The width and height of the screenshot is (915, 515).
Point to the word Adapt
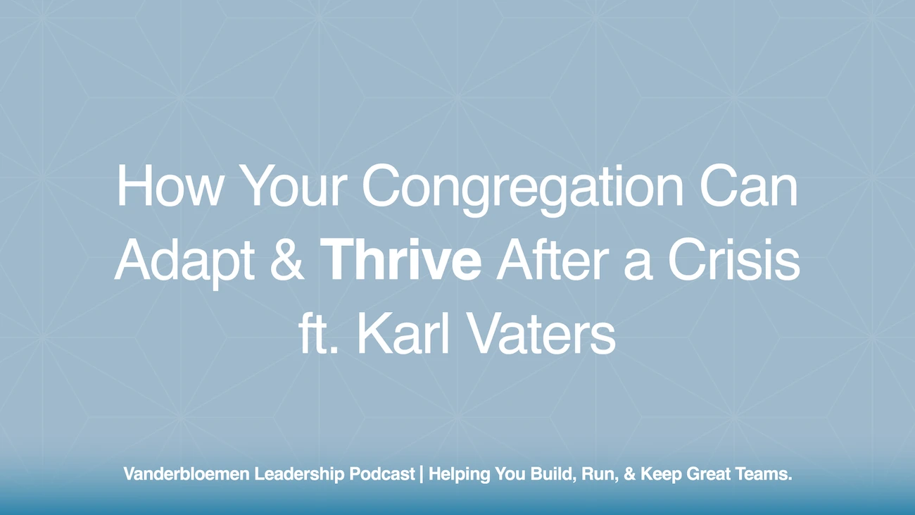184,261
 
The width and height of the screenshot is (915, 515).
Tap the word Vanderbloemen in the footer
186,475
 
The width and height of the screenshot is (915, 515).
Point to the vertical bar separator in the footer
422,475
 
